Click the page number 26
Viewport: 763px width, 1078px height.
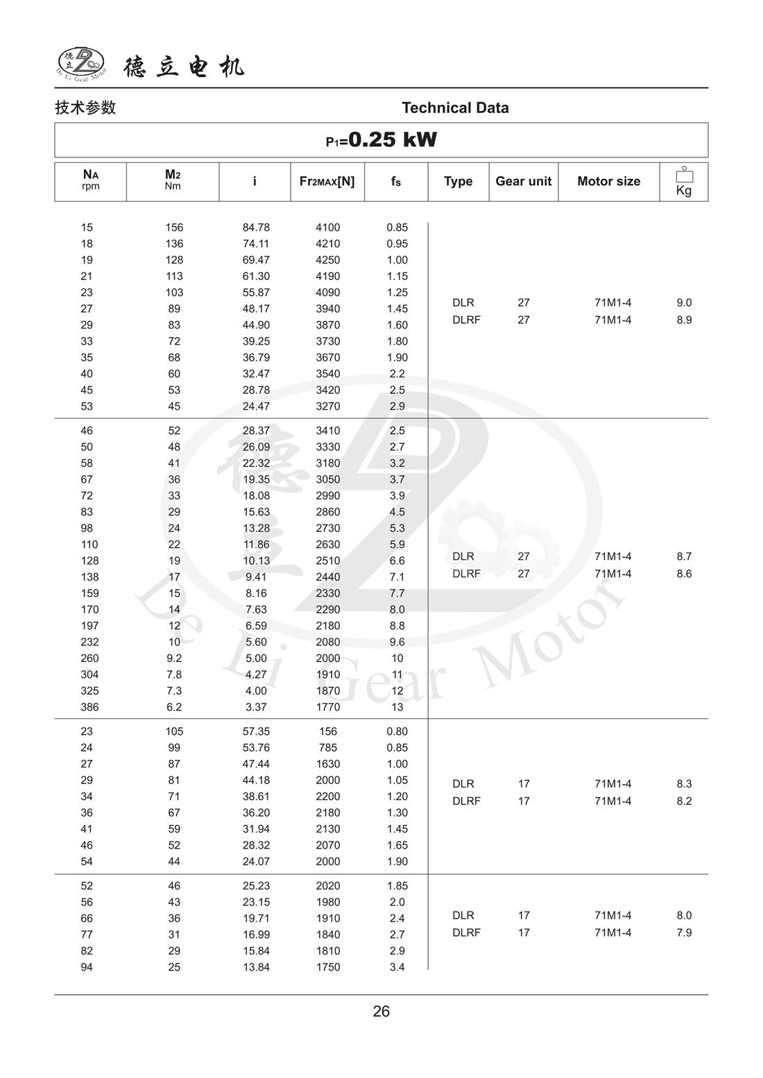(x=381, y=1011)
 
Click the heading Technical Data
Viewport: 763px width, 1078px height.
(x=455, y=108)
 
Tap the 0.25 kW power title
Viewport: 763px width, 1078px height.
(x=381, y=140)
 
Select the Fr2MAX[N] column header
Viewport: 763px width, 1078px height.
(x=327, y=182)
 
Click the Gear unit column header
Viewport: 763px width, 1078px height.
(x=523, y=182)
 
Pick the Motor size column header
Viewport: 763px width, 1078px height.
(x=608, y=182)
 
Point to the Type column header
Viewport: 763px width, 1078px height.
(x=458, y=182)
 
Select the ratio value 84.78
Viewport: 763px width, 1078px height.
(x=256, y=227)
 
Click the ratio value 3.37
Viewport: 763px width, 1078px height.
(x=256, y=707)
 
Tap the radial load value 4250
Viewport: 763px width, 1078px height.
(x=327, y=260)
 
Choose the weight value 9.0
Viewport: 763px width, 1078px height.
(x=684, y=303)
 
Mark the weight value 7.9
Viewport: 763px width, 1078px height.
(x=684, y=933)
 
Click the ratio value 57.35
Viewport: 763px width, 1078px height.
(x=256, y=731)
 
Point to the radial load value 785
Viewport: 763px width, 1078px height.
(x=327, y=748)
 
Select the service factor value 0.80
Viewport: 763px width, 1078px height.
(x=397, y=731)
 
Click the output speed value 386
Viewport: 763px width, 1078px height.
(x=89, y=707)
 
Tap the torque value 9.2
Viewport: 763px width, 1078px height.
(x=174, y=659)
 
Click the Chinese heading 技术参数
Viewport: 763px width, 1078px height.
(x=85, y=108)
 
